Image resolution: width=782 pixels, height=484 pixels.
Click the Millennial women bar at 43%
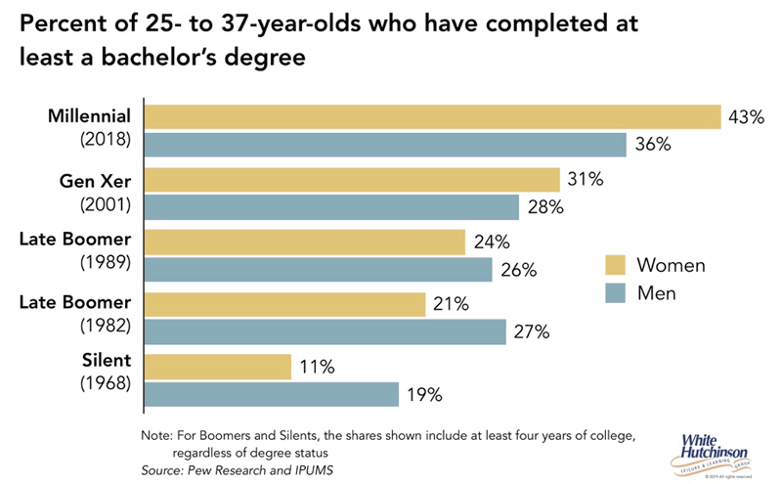pyautogui.click(x=432, y=117)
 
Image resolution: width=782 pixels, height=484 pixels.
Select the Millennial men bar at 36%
pyautogui.click(x=385, y=145)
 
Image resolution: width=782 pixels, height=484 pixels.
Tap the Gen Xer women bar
pyautogui.click(x=352, y=180)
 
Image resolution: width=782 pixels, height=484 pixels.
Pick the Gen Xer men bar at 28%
pyautogui.click(x=331, y=207)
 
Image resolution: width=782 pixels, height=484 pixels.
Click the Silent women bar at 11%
pyautogui.click(x=218, y=367)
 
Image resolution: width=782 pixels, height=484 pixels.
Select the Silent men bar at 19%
pyautogui.click(x=272, y=394)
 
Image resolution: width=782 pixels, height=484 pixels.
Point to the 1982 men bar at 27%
pyautogui.click(x=325, y=332)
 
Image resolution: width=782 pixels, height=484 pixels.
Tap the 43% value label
pyautogui.click(x=745, y=117)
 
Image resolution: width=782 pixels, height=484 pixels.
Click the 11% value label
pyautogui.click(x=318, y=368)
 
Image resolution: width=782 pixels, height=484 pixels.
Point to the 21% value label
pyautogui.click(x=452, y=305)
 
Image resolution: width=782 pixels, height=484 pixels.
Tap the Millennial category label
pyautogui.click(x=89, y=117)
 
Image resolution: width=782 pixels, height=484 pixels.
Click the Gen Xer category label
pyautogui.click(x=97, y=180)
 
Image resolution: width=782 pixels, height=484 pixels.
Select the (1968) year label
pyautogui.click(x=105, y=383)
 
